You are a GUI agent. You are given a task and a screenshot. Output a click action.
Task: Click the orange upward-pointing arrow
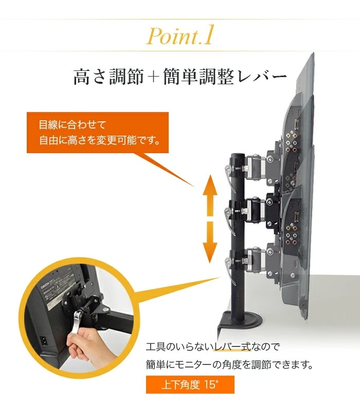[210, 195]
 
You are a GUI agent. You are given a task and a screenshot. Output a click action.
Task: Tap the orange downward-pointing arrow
[210, 242]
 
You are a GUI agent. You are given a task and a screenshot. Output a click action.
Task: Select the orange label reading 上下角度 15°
[190, 384]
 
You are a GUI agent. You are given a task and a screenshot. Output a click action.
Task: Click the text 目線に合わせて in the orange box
[73, 125]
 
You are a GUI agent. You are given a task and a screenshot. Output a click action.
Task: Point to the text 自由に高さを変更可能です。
[100, 140]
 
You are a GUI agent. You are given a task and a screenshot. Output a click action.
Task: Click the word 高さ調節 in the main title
[109, 77]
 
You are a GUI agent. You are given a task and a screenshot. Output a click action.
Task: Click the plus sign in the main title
[154, 77]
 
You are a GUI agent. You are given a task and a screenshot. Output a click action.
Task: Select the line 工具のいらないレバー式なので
[212, 347]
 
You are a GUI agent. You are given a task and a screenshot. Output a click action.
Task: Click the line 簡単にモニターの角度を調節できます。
[230, 364]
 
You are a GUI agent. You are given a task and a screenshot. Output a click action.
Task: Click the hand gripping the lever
[82, 341]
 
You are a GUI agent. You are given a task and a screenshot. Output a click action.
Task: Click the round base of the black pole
[242, 318]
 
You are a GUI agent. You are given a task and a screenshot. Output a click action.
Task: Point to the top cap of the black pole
[238, 156]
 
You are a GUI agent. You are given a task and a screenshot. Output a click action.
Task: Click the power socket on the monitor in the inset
[45, 341]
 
